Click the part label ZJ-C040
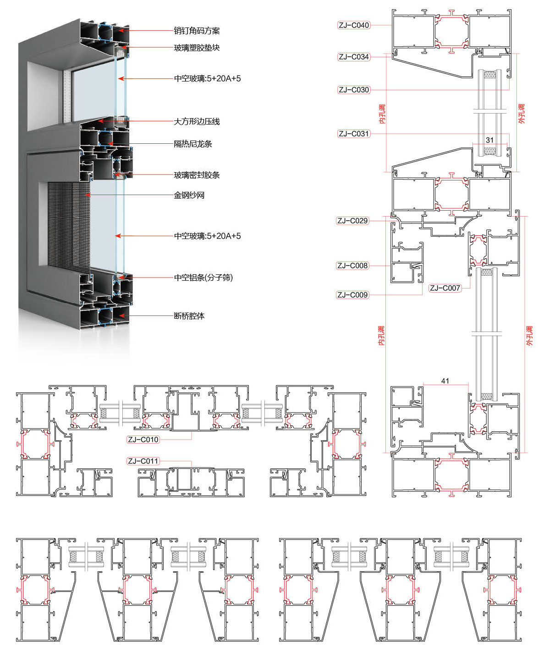click(x=353, y=25)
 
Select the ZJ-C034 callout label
click(x=353, y=57)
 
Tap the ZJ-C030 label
click(x=353, y=90)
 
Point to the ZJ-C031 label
click(x=353, y=134)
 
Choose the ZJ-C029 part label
click(x=352, y=221)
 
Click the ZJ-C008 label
click(x=352, y=266)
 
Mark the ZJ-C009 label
click(x=352, y=295)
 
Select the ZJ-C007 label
click(x=445, y=288)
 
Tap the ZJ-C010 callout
click(x=143, y=440)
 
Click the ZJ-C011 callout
click(x=143, y=461)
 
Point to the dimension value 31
click(x=490, y=140)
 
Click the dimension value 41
click(x=445, y=381)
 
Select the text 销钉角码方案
click(x=197, y=31)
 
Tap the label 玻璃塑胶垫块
click(x=197, y=48)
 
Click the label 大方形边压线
click(x=197, y=121)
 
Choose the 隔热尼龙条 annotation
click(x=193, y=144)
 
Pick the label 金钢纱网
click(x=189, y=195)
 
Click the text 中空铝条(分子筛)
click(x=203, y=277)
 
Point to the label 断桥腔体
click(x=189, y=316)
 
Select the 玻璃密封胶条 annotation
click(x=197, y=175)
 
